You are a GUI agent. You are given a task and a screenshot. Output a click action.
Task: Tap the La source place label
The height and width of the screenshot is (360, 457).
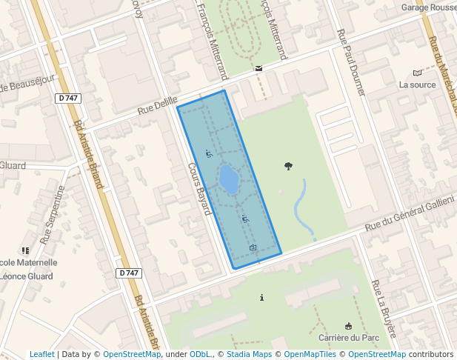pos(417,84)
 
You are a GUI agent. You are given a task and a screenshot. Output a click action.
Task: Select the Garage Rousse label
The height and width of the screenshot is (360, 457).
pos(429,7)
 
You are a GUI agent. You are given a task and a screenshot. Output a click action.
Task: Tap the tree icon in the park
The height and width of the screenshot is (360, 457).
pos(288,166)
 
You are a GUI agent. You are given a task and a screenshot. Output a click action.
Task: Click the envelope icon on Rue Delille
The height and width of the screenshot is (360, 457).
pos(258,68)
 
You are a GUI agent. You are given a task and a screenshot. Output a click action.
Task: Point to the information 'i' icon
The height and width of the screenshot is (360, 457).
pos(261,298)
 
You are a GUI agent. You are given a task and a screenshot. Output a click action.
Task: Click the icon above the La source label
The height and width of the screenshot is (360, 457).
pos(418,73)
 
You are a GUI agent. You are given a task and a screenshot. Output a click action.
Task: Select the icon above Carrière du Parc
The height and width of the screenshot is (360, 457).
pos(348,326)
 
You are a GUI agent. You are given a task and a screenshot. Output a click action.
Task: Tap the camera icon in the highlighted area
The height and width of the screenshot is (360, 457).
pos(253,247)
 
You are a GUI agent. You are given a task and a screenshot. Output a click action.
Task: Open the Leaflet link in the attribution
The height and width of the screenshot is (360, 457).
pos(41,355)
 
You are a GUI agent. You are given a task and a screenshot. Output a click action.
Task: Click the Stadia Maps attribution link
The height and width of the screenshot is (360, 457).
pos(249,355)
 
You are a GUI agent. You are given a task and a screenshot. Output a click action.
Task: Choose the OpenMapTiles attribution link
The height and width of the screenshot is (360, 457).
pos(310,355)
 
